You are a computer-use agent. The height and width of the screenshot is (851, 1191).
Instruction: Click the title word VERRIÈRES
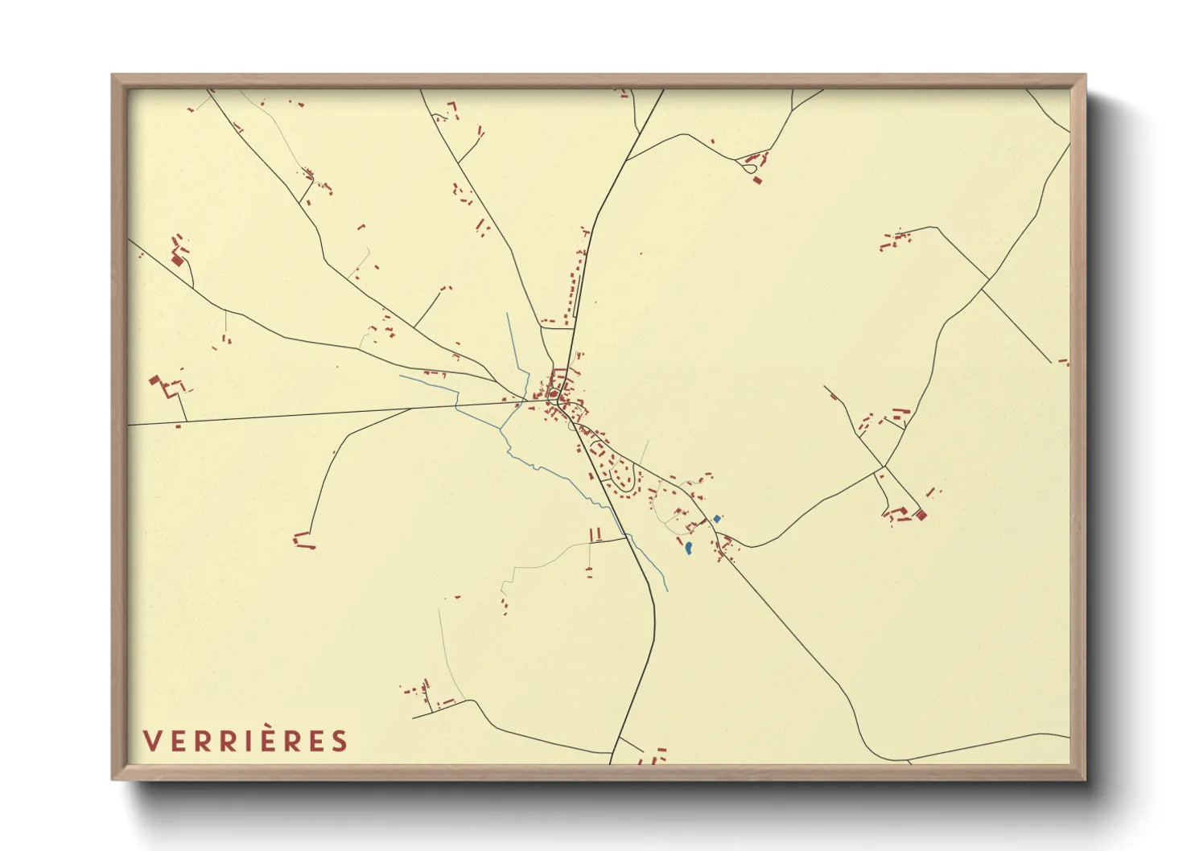[245, 741]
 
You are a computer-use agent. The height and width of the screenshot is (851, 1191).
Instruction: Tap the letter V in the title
[150, 741]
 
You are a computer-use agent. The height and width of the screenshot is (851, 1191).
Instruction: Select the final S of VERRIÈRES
[340, 741]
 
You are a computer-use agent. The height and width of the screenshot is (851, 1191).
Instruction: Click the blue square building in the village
[717, 519]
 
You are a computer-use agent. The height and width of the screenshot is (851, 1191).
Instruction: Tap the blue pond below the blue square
[689, 549]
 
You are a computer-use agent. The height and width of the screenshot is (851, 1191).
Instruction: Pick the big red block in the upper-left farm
[177, 260]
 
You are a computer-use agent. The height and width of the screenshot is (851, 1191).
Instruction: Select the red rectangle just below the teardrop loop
[756, 180]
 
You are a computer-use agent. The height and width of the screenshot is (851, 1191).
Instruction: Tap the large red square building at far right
[922, 515]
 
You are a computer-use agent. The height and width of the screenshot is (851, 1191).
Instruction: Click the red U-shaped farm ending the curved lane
[303, 541]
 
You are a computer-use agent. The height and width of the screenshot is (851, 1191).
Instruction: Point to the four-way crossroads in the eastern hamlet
[884, 467]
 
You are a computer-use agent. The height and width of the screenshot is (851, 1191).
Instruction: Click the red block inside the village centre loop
[555, 393]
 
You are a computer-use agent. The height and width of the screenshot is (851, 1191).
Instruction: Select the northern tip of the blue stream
[508, 314]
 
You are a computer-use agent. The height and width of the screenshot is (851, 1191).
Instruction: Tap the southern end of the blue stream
[667, 591]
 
